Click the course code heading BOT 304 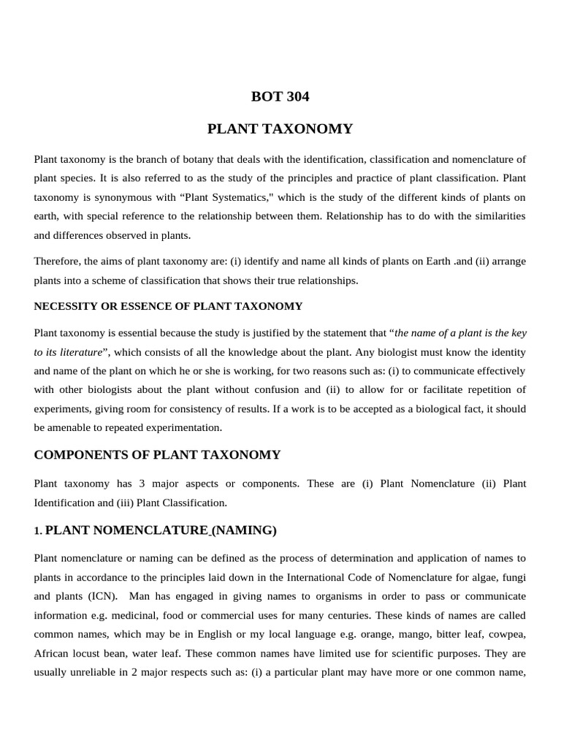[280, 96]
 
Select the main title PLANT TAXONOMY [280, 129]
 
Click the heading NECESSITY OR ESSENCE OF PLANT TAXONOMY [168, 306]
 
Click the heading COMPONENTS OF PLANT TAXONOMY [157, 455]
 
